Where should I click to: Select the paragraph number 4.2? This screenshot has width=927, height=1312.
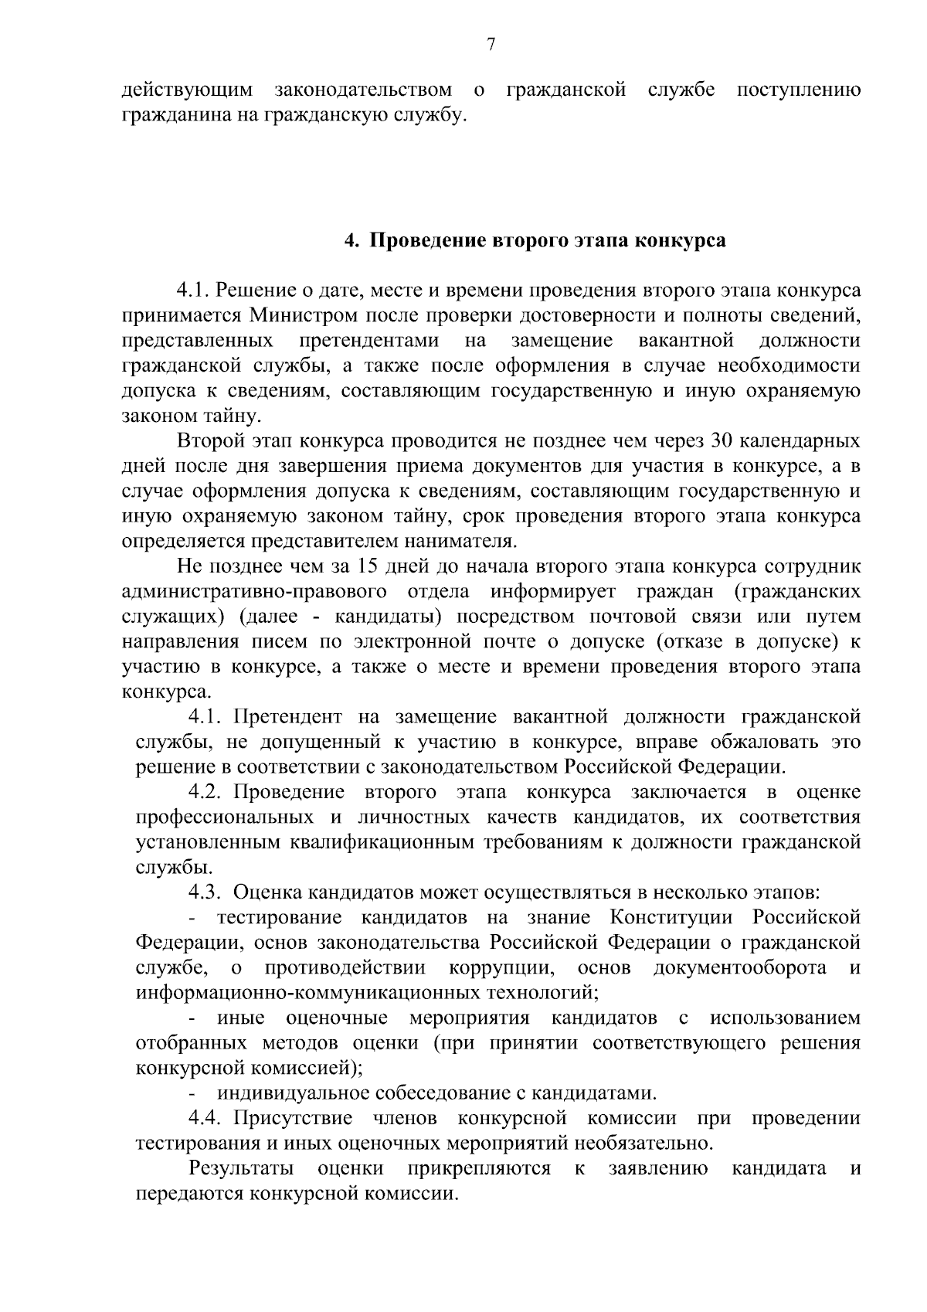click(206, 793)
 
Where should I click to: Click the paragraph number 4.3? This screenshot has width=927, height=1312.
click(206, 893)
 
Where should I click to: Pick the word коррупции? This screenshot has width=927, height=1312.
click(501, 968)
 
